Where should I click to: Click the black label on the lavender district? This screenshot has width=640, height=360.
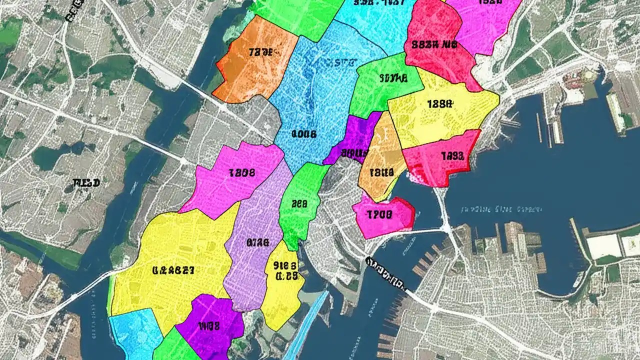pos(258,243)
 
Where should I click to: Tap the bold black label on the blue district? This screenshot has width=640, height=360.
pos(303,134)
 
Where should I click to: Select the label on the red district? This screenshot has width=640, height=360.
pos(434,44)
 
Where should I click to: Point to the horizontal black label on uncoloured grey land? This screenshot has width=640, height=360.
pos(86,183)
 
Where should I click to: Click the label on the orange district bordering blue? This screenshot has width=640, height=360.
pos(261,52)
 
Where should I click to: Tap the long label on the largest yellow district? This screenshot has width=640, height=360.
pos(173,270)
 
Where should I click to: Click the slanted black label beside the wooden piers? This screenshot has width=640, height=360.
pos(386,273)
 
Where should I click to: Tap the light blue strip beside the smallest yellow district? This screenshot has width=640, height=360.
pos(307,320)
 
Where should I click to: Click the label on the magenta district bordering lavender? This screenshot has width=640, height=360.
pos(242,173)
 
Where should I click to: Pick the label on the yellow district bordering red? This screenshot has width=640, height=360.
pos(440,104)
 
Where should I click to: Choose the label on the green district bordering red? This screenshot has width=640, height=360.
pos(393,78)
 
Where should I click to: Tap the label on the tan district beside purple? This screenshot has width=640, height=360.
pos(381,173)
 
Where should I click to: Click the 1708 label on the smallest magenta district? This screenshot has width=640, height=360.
pos(379,215)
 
